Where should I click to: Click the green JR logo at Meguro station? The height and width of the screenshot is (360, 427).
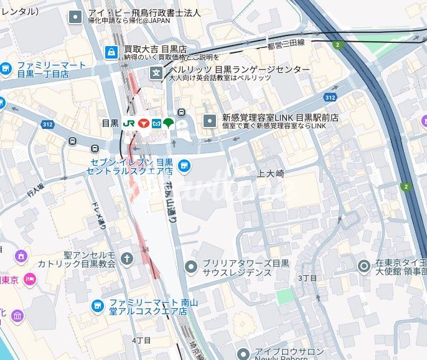(x=129, y=123)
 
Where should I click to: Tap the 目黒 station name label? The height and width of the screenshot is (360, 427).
(x=110, y=123)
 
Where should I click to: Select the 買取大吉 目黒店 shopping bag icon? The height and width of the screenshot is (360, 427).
(x=111, y=51)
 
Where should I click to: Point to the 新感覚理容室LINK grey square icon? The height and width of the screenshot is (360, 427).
(x=210, y=120)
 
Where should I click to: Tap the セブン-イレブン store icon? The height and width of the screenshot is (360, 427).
(x=183, y=165)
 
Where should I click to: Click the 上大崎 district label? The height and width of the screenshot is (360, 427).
(x=271, y=174)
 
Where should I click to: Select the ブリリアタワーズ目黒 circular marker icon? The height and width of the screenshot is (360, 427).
(x=191, y=267)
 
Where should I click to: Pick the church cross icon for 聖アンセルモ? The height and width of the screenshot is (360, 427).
(x=127, y=258)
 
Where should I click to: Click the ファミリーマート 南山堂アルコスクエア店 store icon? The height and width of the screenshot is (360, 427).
(x=97, y=305)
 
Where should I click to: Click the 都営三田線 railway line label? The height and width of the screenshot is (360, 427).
(x=286, y=43)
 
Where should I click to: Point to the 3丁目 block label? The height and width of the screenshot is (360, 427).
(x=307, y=277)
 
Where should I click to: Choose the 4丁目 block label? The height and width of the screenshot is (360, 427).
(x=141, y=340)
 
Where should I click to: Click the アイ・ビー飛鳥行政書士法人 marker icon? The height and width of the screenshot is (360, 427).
(x=75, y=16)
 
